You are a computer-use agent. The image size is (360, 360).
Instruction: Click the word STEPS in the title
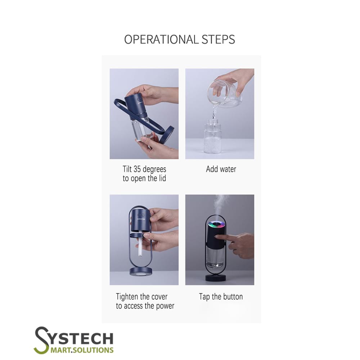point(219,40)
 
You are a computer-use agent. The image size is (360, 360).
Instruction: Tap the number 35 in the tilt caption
point(137,169)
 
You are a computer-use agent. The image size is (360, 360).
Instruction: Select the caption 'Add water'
point(221,169)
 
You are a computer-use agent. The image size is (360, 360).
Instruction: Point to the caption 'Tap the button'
point(221,297)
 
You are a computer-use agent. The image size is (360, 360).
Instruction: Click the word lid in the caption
point(162,179)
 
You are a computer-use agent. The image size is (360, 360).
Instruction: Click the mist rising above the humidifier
point(220,204)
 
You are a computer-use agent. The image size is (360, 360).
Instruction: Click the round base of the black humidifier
point(215,278)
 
